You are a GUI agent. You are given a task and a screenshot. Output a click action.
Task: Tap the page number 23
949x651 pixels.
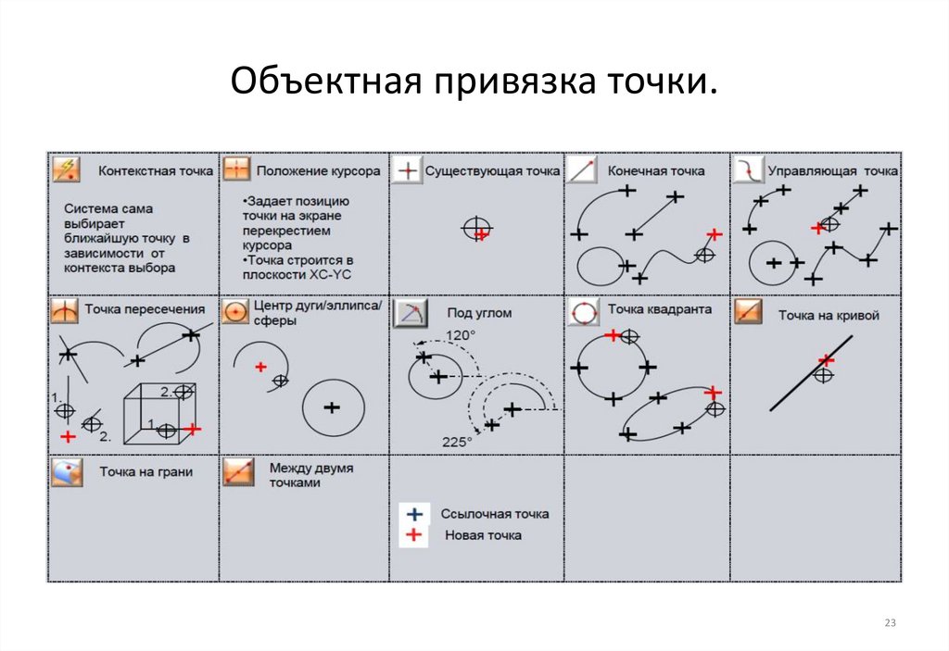point(891,622)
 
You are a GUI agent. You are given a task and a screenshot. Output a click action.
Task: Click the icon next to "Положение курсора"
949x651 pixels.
point(237,169)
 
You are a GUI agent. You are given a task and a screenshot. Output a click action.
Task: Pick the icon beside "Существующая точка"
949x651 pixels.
point(407,170)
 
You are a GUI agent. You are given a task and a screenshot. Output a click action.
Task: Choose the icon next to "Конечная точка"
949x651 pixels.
point(581,170)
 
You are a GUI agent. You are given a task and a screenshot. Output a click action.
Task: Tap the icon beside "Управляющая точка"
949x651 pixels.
point(748,169)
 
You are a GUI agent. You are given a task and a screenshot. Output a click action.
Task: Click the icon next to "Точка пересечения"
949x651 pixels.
point(66,311)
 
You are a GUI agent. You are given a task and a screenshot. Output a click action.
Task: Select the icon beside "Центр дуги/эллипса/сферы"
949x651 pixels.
point(236,312)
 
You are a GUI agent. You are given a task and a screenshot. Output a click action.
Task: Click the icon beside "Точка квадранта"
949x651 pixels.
point(583,312)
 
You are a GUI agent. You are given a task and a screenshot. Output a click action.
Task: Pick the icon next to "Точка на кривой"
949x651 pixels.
point(748,312)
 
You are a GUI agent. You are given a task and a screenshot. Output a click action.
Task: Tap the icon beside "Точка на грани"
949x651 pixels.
point(67,471)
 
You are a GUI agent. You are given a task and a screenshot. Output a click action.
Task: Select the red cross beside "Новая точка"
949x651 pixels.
point(414,535)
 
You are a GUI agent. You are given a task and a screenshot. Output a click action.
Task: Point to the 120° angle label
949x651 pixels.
point(460,334)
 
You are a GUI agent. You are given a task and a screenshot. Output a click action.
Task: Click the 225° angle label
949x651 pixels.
point(456,442)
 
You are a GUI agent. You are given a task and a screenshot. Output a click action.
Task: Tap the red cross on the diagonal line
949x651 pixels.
point(825,359)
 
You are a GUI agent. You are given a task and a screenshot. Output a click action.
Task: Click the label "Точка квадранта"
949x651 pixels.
point(659,309)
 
